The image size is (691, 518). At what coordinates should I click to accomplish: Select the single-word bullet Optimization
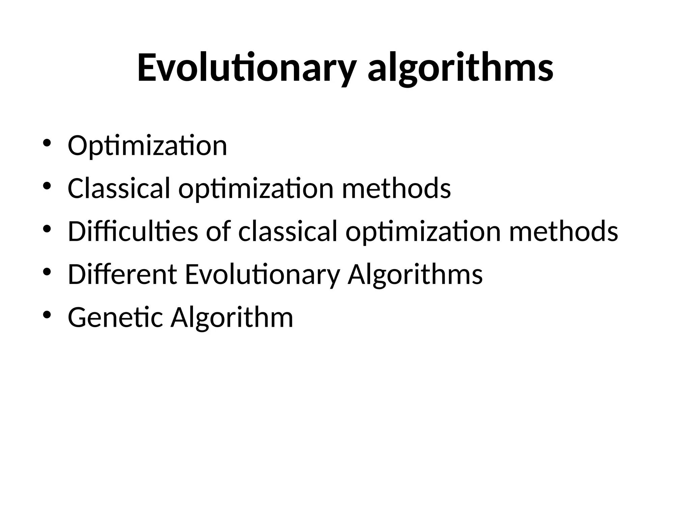[x=147, y=146]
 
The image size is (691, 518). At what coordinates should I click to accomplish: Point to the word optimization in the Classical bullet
[x=256, y=189]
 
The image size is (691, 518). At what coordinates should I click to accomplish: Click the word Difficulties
[x=133, y=231]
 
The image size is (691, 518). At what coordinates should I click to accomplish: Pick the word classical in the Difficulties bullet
[x=287, y=231]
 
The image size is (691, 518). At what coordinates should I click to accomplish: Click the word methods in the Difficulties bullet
[x=563, y=231]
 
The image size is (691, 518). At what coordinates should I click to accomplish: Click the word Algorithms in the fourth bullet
[x=415, y=275]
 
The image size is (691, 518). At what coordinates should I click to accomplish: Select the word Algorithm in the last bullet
[x=232, y=318]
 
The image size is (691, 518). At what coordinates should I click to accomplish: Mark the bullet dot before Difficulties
[x=47, y=228]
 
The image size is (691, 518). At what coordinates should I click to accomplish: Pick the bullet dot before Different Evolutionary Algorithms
[x=47, y=271]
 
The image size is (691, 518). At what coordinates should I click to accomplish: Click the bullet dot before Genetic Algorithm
[x=47, y=315]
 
